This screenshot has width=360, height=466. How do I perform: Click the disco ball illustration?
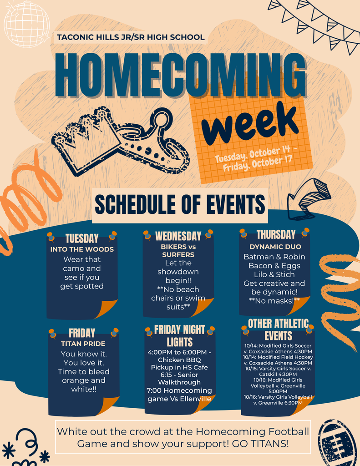pyautogui.click(x=26, y=23)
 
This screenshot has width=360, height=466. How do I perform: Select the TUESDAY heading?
pyautogui.click(x=82, y=238)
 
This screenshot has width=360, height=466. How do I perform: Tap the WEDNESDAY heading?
pyautogui.click(x=178, y=236)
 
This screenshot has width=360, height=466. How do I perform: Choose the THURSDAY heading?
pyautogui.click(x=276, y=234)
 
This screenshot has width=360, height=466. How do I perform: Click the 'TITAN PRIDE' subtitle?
pyautogui.click(x=83, y=344)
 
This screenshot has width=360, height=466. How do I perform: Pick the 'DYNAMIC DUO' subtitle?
pyautogui.click(x=275, y=247)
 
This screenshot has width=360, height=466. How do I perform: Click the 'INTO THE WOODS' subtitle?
pyautogui.click(x=82, y=249)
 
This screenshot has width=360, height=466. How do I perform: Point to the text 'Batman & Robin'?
pyautogui.click(x=274, y=257)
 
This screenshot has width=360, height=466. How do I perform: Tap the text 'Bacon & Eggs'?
pyautogui.click(x=274, y=266)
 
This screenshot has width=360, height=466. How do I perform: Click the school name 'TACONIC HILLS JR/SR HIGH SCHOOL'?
pyautogui.click(x=131, y=37)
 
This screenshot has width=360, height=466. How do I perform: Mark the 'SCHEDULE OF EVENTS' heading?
pyautogui.click(x=180, y=204)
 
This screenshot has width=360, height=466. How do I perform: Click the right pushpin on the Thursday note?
pyautogui.click(x=305, y=233)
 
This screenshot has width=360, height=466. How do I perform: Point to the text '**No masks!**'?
pyautogui.click(x=274, y=301)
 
